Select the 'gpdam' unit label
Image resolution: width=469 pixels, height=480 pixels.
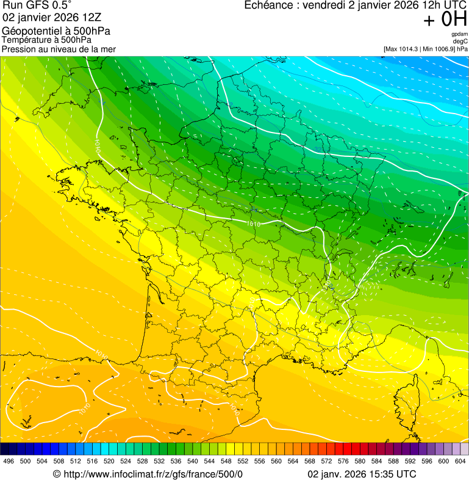460,34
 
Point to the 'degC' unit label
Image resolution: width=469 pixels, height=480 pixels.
461,41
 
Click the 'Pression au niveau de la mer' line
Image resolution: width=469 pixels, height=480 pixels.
59,49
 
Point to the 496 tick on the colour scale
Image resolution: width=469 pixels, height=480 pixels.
9,462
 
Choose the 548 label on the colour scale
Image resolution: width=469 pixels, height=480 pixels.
226,462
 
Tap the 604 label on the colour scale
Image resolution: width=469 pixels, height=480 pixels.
460,462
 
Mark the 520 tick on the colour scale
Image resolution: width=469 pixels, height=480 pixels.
109,462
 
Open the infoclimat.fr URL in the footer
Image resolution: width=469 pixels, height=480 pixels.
152,475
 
